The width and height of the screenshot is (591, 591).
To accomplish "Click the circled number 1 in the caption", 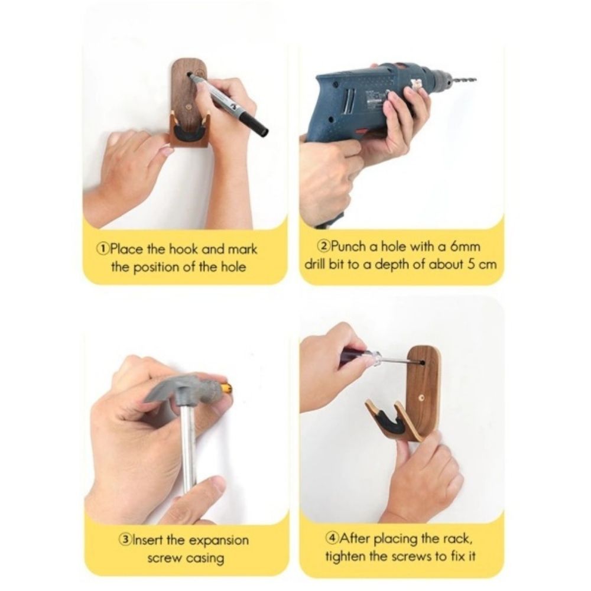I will point(103,248).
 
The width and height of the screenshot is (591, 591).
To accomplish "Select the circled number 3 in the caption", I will point(125,540).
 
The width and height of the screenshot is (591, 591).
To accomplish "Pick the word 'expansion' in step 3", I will point(218,540).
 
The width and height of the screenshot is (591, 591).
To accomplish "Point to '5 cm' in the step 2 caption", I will point(479,264).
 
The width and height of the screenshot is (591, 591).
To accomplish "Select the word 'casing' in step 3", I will point(205,558).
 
